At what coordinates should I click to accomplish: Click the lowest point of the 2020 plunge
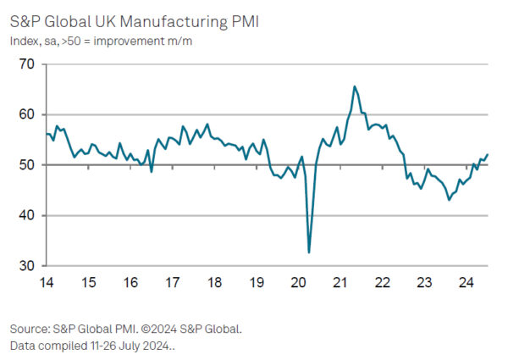pos(309,252)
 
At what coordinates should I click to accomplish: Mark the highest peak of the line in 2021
pos(354,86)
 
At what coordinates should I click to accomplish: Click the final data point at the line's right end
pos(488,154)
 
